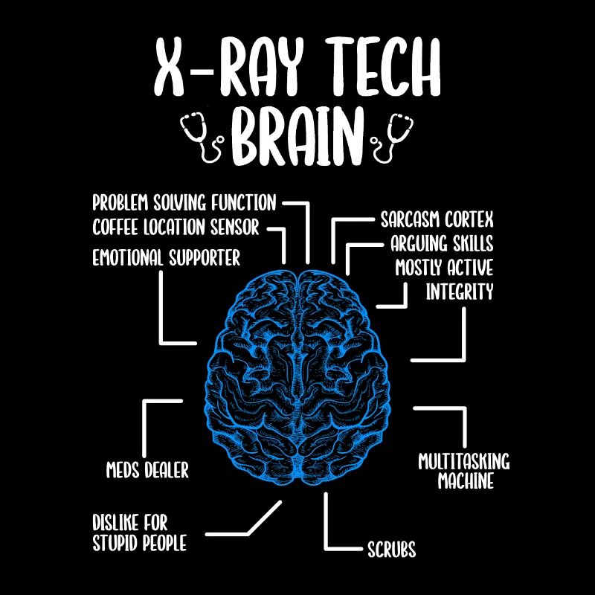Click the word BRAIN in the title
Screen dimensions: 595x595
(297, 136)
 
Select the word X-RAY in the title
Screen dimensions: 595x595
(230, 67)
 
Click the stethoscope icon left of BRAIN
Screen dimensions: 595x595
(202, 137)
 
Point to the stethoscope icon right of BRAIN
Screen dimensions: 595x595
(393, 137)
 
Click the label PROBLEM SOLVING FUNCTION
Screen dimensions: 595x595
(184, 202)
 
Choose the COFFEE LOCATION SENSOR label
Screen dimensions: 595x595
(176, 227)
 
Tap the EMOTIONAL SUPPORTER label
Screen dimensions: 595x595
(166, 257)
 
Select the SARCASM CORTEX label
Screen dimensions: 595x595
(437, 219)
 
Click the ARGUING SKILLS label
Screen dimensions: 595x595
(442, 243)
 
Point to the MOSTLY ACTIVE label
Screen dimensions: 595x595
(444, 268)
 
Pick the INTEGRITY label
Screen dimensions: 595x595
(459, 292)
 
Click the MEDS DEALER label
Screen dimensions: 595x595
(147, 470)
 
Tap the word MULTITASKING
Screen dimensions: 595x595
(463, 461)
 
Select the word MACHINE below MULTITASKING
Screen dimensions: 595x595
(466, 480)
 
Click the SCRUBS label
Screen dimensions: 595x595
(392, 549)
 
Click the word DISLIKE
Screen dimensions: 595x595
(115, 523)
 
